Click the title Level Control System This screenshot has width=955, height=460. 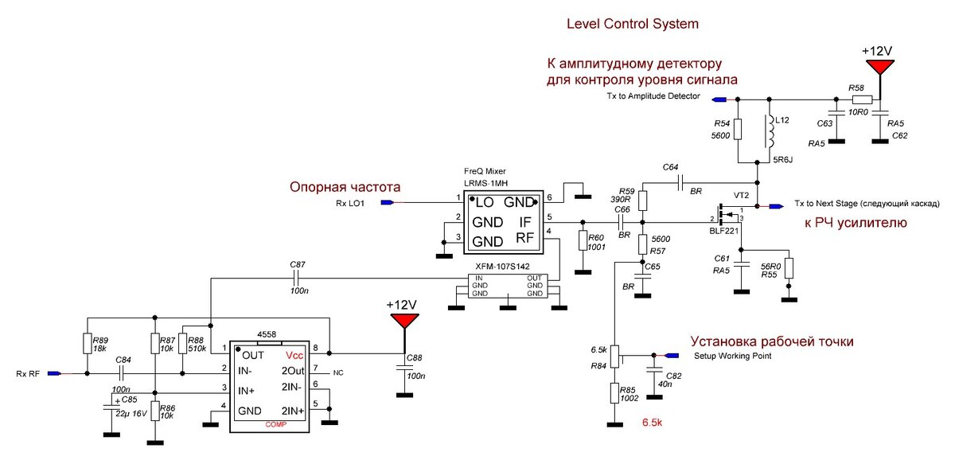click(632, 24)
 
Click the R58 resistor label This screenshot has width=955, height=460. click(856, 87)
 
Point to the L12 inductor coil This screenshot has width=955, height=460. click(769, 132)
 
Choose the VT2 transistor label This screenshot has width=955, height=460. click(741, 195)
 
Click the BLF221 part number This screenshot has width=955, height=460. click(726, 232)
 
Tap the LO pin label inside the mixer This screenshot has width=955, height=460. click(485, 203)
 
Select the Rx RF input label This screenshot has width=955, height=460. click(28, 372)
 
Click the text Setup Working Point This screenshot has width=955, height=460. click(732, 356)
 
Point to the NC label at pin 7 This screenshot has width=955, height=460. click(338, 372)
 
